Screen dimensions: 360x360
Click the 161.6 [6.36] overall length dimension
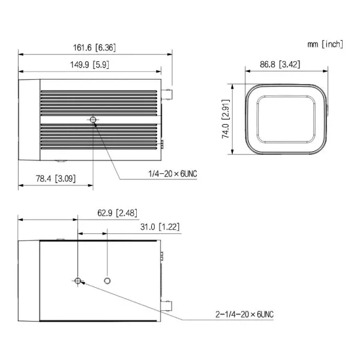pyautogui.click(x=95, y=46)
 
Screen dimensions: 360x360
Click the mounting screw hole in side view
pyautogui.click(x=93, y=120)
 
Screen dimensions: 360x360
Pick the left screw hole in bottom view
pyautogui.click(x=78, y=280)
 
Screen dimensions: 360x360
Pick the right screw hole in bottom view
pyautogui.click(x=107, y=280)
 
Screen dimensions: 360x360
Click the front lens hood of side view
pyautogui.click(x=29, y=121)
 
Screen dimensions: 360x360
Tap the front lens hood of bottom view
pyautogui.click(x=29, y=280)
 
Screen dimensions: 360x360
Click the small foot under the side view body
pyautogui.click(x=60, y=161)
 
